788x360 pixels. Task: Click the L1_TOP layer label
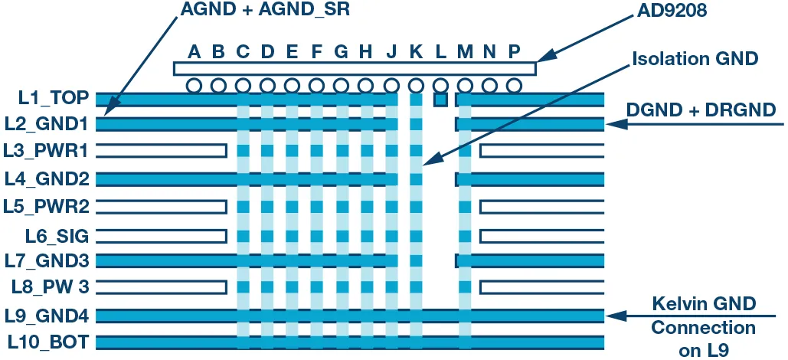pyautogui.click(x=53, y=98)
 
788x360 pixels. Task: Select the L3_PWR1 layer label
pyautogui.click(x=47, y=150)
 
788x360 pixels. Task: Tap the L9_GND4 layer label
pyautogui.click(x=47, y=316)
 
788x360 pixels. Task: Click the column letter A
pyautogui.click(x=195, y=52)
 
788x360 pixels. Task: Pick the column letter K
pyautogui.click(x=416, y=52)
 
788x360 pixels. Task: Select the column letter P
pyautogui.click(x=514, y=52)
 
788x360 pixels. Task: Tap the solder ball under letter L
pyautogui.click(x=440, y=84)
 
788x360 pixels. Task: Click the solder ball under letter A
pyautogui.click(x=195, y=84)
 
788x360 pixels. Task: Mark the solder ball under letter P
pyautogui.click(x=514, y=84)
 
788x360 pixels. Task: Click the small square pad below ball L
pyautogui.click(x=440, y=100)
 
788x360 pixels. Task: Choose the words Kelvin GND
pyautogui.click(x=703, y=304)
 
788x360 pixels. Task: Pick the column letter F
pyautogui.click(x=317, y=52)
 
